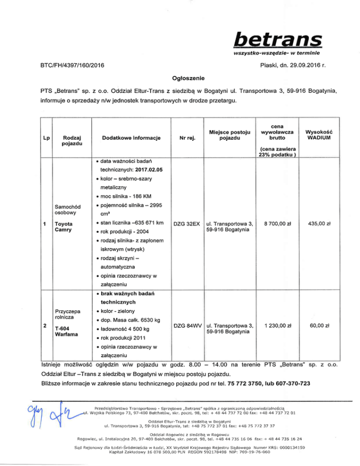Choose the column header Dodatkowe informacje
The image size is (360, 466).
click(x=129, y=138)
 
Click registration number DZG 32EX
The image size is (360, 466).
click(x=187, y=225)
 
